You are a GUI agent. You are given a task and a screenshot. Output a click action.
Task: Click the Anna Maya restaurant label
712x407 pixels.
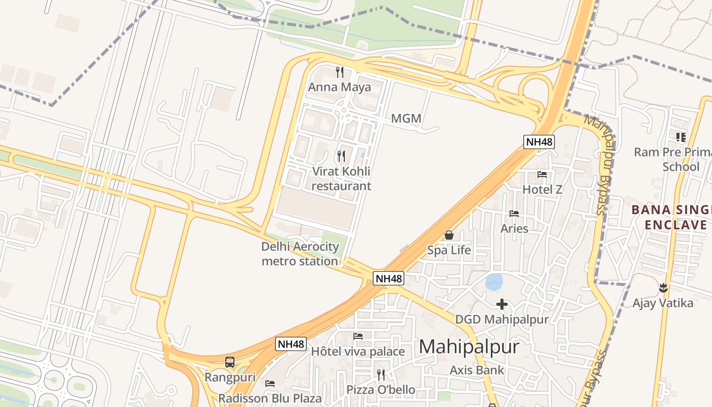tap(339, 87)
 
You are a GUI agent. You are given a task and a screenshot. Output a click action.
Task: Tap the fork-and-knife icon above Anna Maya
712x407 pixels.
tap(340, 72)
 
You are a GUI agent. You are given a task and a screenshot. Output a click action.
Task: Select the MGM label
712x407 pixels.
tap(406, 119)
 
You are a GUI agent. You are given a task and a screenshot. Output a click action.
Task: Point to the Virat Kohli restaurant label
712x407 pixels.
tap(341, 179)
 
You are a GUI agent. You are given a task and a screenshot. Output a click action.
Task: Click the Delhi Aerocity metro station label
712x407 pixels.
tap(300, 254)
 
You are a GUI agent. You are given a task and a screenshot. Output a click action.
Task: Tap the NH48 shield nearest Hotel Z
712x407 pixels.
tap(539, 142)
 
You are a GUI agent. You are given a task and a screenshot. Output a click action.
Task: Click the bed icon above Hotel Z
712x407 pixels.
tap(542, 175)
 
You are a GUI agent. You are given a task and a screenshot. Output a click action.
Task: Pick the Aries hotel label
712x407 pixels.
tap(514, 228)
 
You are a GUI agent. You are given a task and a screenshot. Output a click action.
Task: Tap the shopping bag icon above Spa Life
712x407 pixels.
tap(449, 235)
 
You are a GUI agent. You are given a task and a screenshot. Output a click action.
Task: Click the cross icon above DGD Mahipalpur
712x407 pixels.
tap(502, 304)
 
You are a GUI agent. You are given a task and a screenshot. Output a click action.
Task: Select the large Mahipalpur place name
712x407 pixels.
tap(469, 347)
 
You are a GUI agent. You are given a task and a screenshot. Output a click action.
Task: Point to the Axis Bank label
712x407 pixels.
tap(477, 370)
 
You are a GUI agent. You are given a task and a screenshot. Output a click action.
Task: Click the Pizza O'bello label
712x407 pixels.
tap(381, 390)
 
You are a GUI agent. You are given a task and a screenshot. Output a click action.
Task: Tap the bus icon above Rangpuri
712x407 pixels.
tap(230, 362)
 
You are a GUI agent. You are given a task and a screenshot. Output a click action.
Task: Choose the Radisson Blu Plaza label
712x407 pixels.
tap(270, 398)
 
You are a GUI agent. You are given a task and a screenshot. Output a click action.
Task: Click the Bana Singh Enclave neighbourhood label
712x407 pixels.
tap(670, 217)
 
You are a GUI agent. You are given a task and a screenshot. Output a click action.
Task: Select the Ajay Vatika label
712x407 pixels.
tap(663, 303)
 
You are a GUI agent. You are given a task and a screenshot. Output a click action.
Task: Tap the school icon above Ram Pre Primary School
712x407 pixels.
tap(680, 137)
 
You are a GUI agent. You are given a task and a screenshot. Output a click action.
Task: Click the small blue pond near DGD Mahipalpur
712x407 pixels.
tap(494, 282)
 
